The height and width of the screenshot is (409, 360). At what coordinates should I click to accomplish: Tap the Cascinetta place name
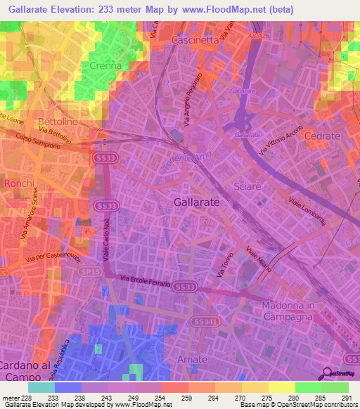(x=195, y=41)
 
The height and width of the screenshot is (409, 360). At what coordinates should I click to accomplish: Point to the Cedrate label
(x=321, y=136)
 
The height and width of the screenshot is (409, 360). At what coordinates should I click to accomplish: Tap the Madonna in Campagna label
(x=295, y=311)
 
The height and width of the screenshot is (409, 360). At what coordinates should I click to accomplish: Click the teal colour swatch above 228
(x=41, y=387)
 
